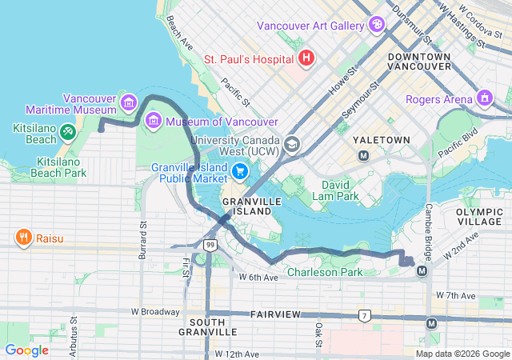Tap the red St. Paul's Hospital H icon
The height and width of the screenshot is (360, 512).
[306, 58]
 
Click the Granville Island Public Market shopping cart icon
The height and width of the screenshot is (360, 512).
[239, 172]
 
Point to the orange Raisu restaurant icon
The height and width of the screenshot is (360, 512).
[23, 238]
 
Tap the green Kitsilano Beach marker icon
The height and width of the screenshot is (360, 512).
[68, 129]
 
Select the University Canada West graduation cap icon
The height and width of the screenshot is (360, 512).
[292, 144]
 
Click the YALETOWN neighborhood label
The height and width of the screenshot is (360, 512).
[382, 140]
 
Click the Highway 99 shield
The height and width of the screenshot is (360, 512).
[209, 244]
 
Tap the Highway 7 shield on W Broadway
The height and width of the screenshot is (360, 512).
[365, 316]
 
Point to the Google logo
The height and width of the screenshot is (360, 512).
[26, 350]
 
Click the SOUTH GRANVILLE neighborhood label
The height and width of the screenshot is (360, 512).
[207, 326]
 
